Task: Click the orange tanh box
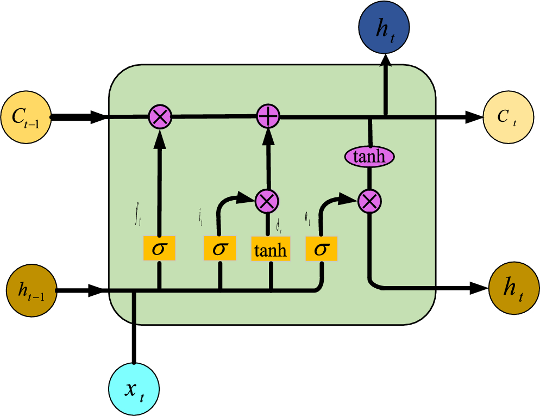270,250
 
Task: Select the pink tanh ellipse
369,157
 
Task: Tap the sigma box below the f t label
159,249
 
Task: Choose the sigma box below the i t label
220,249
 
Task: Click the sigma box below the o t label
322,249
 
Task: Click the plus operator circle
267,116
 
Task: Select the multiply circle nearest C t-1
160,116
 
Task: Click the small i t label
201,219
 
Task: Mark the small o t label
307,220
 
